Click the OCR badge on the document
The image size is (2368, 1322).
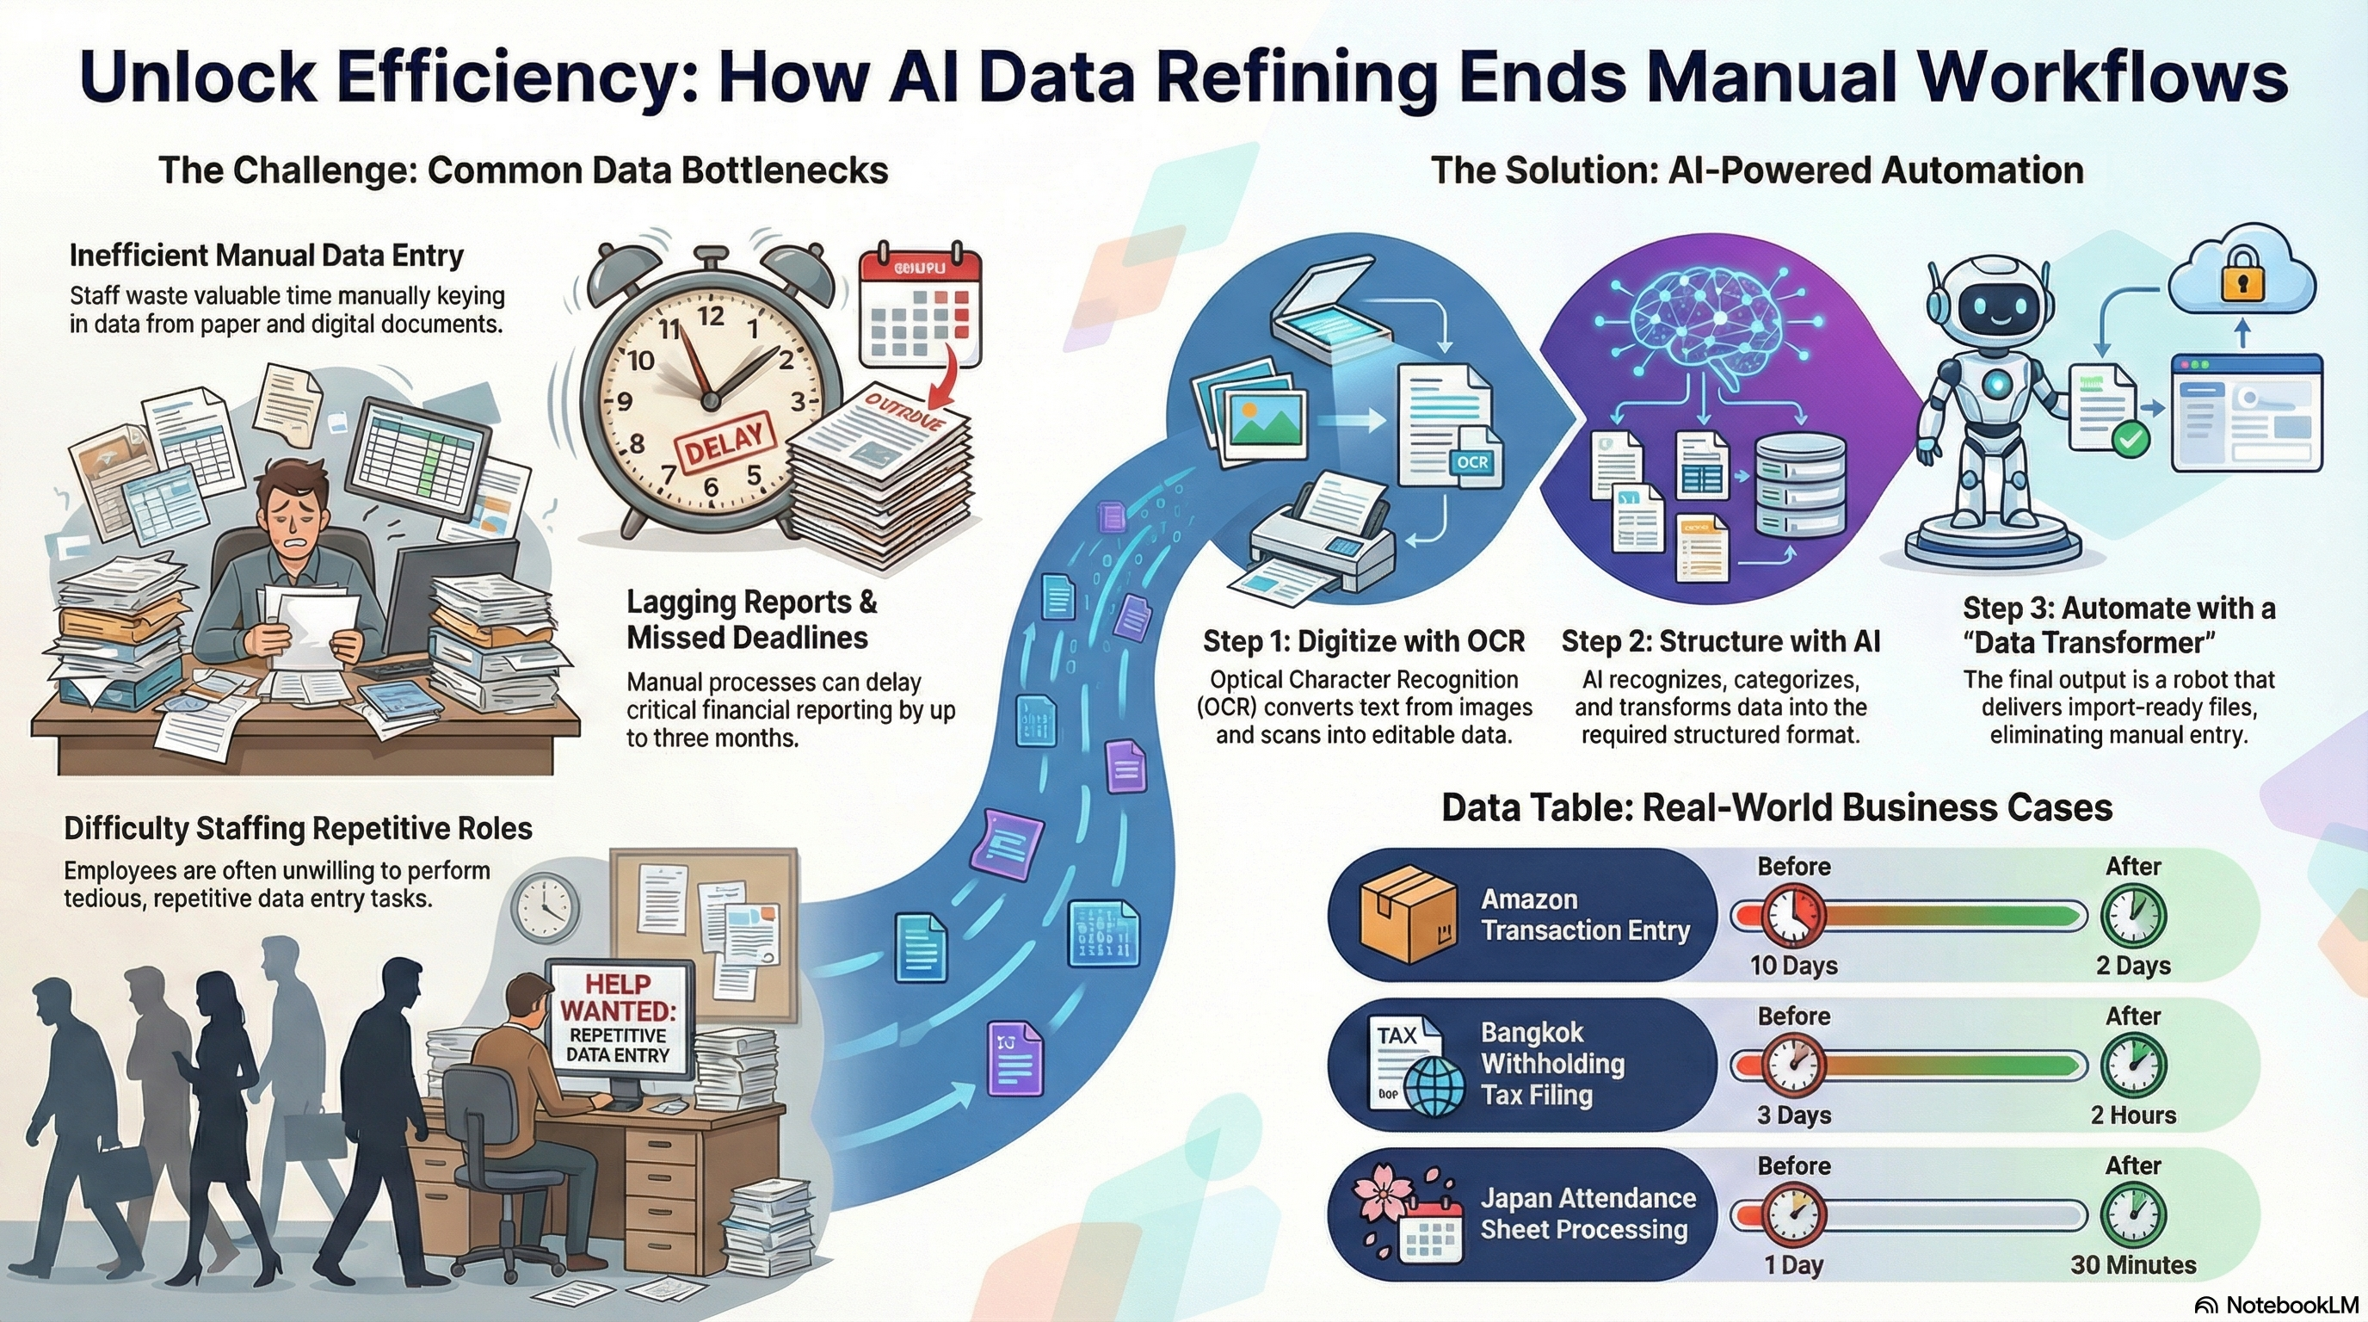click(x=1472, y=461)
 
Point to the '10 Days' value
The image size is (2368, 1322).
click(x=1793, y=966)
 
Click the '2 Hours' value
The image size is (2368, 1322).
click(x=2133, y=1115)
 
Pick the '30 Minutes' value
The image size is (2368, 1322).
click(x=2133, y=1265)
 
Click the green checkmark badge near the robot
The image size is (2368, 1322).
click(x=2131, y=440)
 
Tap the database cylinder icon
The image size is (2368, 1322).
click(x=1800, y=486)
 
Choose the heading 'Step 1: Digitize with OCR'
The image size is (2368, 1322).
click(x=1363, y=642)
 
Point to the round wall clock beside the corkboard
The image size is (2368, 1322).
click(x=546, y=907)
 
